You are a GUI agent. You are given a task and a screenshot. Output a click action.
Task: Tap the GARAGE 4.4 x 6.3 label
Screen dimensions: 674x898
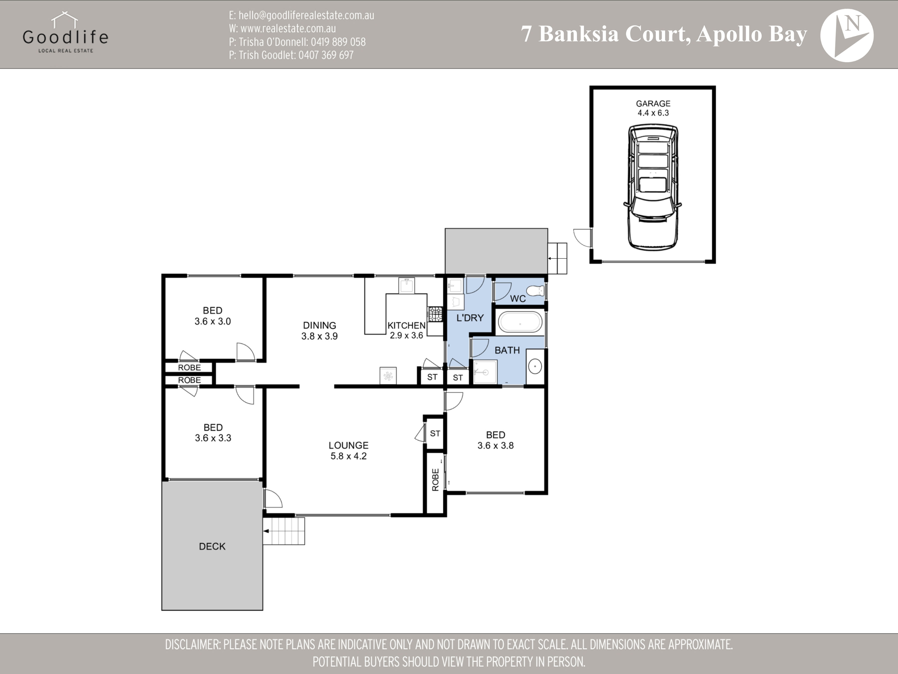[x=653, y=108]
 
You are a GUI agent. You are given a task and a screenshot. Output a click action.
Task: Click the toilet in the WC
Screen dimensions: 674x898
[x=536, y=291]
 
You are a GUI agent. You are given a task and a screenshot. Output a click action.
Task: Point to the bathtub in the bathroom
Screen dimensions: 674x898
[x=520, y=323]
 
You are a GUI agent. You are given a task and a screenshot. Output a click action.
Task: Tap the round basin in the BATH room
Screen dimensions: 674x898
[x=535, y=366]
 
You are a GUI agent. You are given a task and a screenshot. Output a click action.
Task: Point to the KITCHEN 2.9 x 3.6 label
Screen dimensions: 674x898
[x=406, y=330]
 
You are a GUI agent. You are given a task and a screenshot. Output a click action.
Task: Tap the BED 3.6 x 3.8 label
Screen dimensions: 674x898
[x=495, y=440]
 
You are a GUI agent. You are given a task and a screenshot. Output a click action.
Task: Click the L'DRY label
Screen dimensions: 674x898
[x=470, y=318]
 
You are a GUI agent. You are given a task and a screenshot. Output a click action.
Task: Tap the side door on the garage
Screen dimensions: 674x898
[x=582, y=238]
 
